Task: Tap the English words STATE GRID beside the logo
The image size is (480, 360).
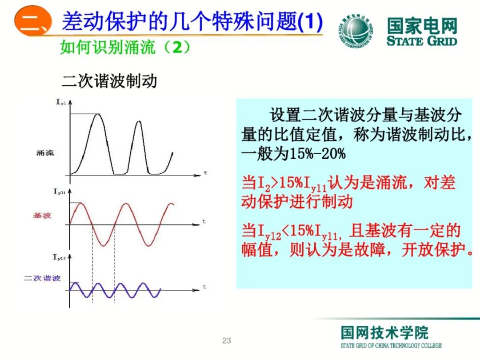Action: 421,41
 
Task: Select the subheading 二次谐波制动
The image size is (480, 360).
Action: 109,81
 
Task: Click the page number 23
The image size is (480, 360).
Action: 227,341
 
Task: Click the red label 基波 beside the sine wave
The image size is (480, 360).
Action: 42,216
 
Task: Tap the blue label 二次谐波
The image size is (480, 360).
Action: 42,278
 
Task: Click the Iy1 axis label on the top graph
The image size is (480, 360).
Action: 61,103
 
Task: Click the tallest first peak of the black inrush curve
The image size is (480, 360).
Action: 99,115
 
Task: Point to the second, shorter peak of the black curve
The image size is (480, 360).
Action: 138,121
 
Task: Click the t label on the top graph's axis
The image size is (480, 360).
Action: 205,172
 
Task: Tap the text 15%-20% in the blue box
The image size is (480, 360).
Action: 317,154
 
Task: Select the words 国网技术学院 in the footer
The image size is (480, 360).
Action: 385,333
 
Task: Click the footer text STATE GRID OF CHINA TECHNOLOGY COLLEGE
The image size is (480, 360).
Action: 391,346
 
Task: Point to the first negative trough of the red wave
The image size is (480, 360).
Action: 103,245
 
